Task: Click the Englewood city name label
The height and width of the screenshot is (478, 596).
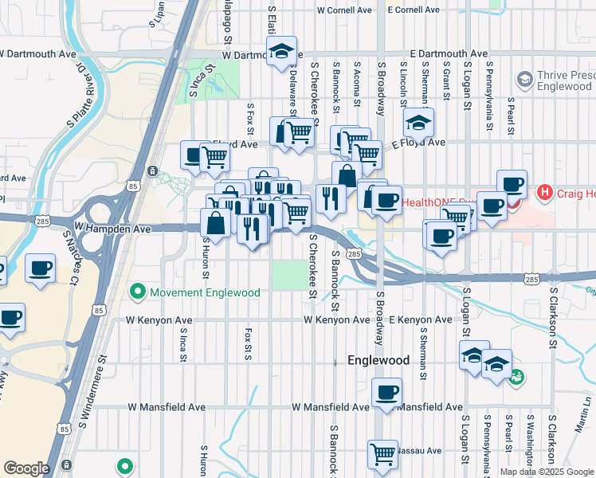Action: tap(378, 360)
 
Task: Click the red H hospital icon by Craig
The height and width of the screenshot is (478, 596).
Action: tap(545, 192)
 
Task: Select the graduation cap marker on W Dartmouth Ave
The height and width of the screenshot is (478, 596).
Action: tap(280, 53)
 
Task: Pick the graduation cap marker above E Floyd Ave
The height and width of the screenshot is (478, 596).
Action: tap(418, 123)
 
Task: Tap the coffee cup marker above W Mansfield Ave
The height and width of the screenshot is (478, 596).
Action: tap(386, 392)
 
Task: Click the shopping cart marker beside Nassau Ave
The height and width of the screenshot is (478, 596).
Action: tap(383, 453)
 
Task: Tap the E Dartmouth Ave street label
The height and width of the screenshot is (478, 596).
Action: tap(446, 53)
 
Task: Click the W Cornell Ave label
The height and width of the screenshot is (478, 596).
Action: tap(344, 10)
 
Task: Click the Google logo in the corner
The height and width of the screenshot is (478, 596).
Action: tap(26, 468)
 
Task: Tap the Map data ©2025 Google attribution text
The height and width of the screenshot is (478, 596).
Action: tap(547, 472)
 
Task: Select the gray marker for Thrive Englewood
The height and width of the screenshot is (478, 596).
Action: tap(524, 79)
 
